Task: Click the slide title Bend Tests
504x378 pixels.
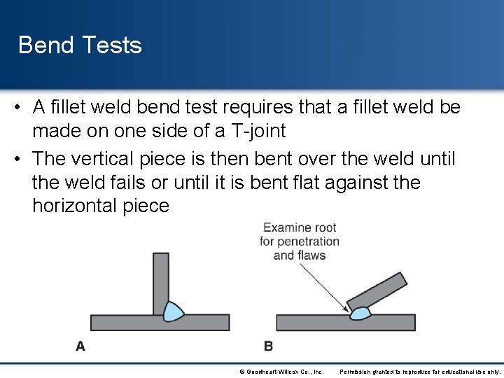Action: click(x=80, y=45)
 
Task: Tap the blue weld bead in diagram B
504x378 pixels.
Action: click(x=361, y=312)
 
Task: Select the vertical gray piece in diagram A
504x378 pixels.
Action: click(x=161, y=280)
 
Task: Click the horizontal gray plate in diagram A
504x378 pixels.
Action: click(x=126, y=323)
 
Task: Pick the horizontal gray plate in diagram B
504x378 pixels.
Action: click(x=308, y=323)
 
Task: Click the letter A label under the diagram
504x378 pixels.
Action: click(x=80, y=346)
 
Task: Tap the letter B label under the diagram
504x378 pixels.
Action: click(x=269, y=346)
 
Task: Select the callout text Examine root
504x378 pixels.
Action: click(x=300, y=227)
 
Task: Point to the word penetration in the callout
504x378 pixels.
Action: click(x=308, y=241)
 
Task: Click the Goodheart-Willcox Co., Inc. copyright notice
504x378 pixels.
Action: click(x=281, y=372)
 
